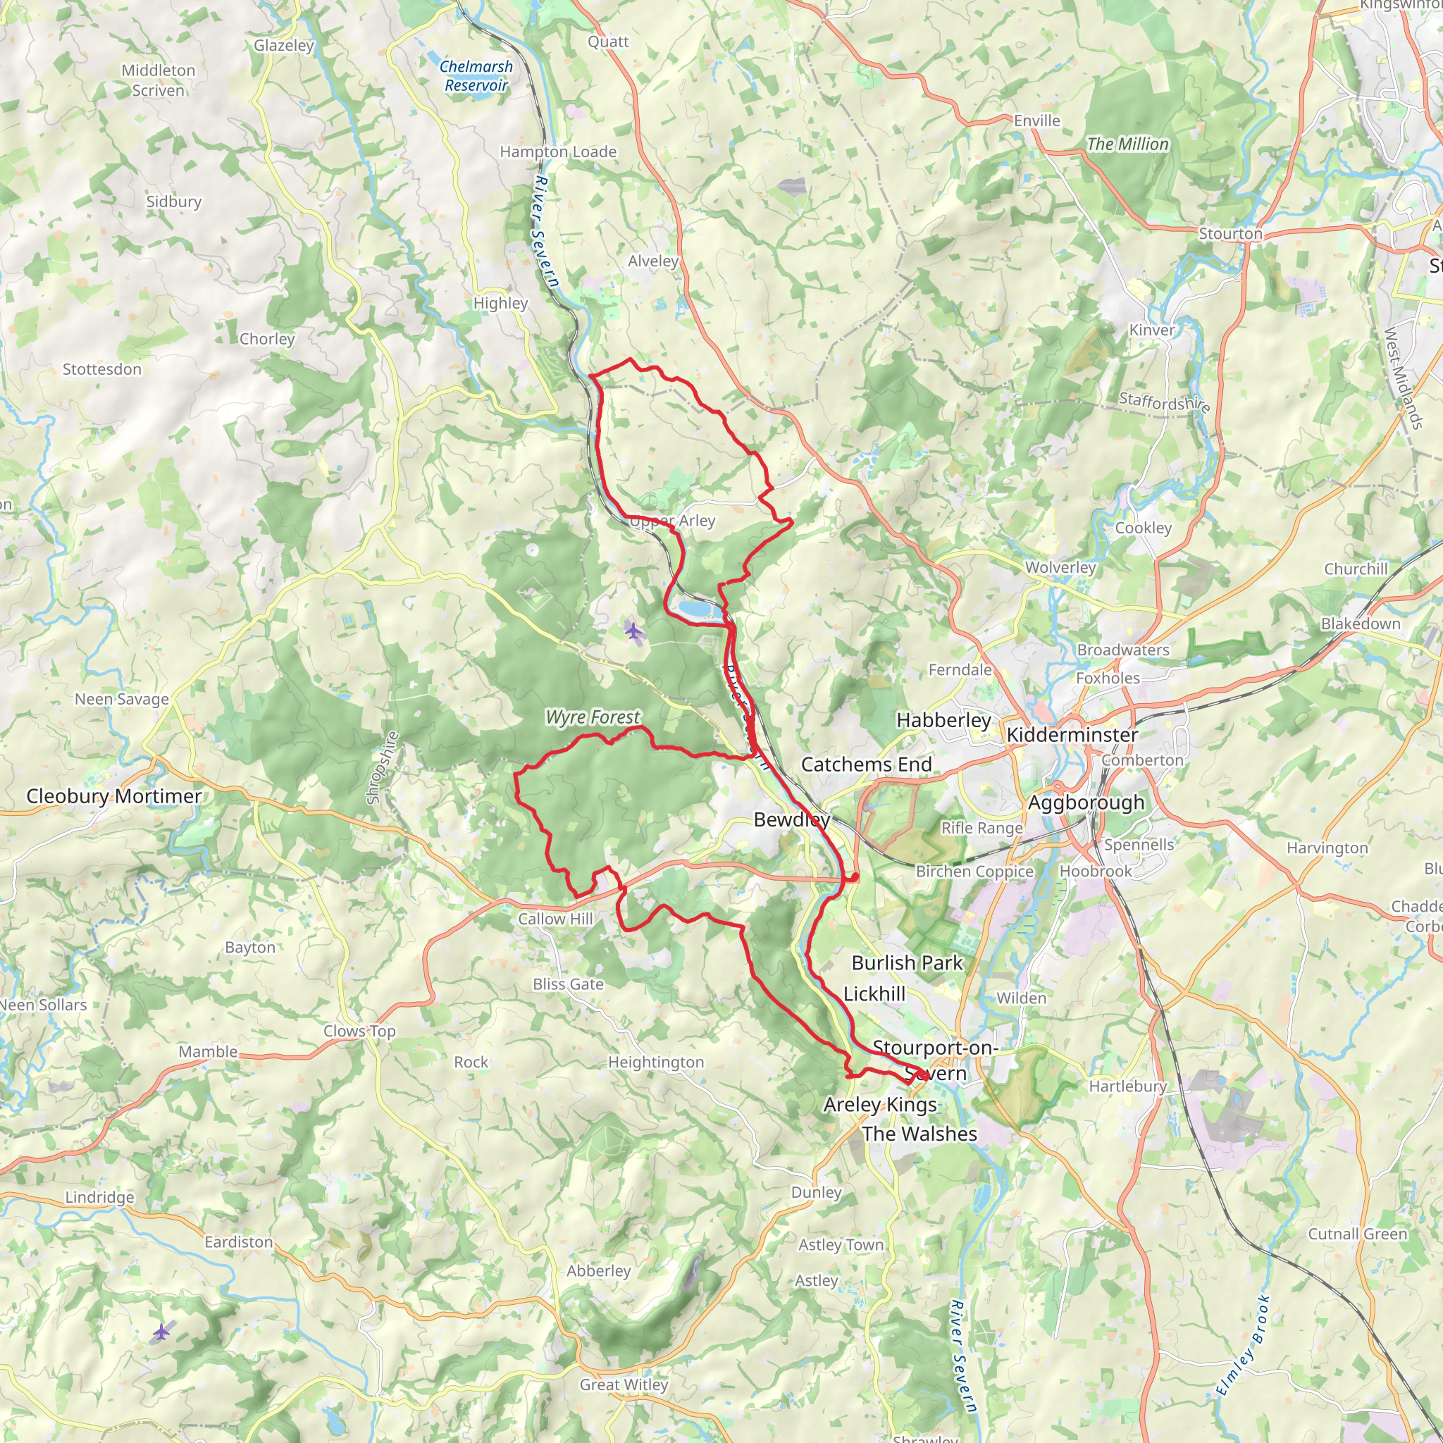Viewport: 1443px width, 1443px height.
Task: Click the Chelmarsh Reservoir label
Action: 476,76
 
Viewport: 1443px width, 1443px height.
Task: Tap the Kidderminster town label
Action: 1072,735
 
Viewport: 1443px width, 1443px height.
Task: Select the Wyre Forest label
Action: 593,717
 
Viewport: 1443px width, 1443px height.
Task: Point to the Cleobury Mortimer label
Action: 113,796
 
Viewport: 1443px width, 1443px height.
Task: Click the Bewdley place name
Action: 791,820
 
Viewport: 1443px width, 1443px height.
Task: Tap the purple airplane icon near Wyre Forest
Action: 634,632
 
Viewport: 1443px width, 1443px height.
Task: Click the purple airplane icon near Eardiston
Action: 161,1332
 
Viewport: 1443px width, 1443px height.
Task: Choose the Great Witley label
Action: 624,1385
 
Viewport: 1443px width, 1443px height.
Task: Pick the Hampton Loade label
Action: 558,151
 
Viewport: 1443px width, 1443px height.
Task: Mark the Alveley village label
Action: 652,261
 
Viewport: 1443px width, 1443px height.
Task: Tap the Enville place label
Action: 1036,121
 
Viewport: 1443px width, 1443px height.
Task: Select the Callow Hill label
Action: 555,919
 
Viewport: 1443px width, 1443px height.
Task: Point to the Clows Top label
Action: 359,1032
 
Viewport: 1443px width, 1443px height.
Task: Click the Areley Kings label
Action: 880,1105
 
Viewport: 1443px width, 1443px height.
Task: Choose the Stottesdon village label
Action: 101,370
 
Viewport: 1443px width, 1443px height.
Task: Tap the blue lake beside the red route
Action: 698,609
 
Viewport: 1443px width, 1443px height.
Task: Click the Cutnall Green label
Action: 1357,1234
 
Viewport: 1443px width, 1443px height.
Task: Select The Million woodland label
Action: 1127,144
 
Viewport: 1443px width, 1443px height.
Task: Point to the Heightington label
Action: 656,1062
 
